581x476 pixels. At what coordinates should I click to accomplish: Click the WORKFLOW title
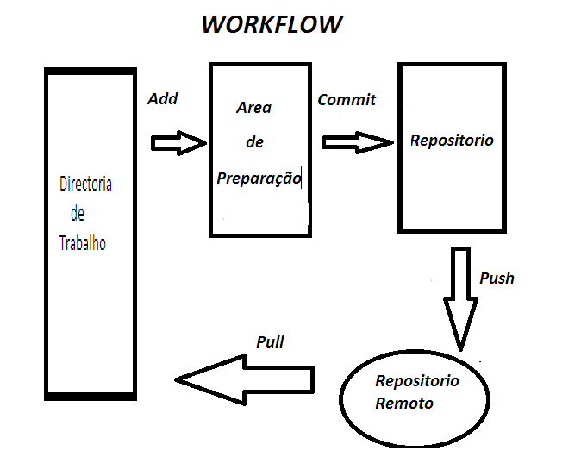pyautogui.click(x=272, y=24)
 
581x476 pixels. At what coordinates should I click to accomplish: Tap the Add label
pyautogui.click(x=162, y=99)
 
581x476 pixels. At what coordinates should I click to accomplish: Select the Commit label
pyautogui.click(x=347, y=99)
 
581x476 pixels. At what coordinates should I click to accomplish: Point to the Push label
pyautogui.click(x=497, y=278)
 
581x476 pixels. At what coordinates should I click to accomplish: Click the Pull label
pyautogui.click(x=270, y=341)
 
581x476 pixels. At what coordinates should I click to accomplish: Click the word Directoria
pyautogui.click(x=85, y=184)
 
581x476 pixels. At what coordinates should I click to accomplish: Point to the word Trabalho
pyautogui.click(x=83, y=243)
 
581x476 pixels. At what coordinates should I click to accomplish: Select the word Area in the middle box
pyautogui.click(x=253, y=108)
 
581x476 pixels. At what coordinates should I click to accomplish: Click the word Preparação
pyautogui.click(x=259, y=178)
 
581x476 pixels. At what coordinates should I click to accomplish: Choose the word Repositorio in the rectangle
pyautogui.click(x=452, y=140)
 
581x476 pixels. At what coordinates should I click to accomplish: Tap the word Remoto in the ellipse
pyautogui.click(x=404, y=403)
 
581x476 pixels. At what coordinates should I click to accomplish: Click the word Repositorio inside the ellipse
pyautogui.click(x=417, y=381)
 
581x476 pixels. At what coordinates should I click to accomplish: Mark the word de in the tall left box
pyautogui.click(x=78, y=214)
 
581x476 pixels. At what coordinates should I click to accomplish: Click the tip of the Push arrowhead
pyautogui.click(x=460, y=348)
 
